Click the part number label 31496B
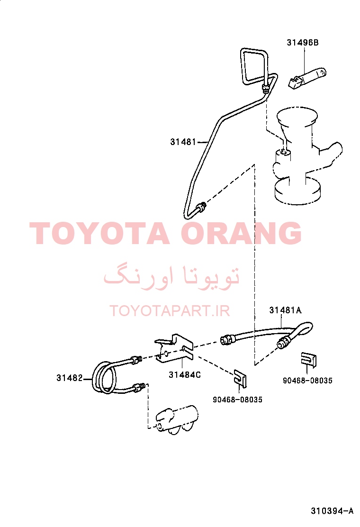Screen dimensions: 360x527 point(302,43)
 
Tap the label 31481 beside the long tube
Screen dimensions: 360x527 point(183,142)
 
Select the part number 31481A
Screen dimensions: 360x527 point(285,310)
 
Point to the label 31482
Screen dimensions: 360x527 point(69,378)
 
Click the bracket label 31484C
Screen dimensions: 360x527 point(184,375)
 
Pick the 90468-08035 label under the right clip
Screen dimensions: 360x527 point(307,381)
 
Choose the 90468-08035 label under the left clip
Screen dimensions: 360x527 point(237,400)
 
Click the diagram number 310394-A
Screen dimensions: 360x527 point(332,511)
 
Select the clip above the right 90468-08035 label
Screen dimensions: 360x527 point(309,360)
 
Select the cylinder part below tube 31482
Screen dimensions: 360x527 point(177,420)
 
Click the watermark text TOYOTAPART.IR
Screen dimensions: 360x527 point(170,311)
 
